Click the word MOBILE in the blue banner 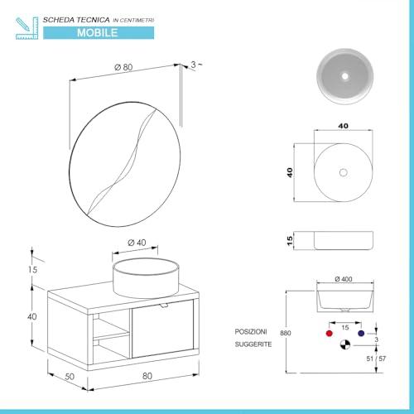(98, 33)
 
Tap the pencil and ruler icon (26, 28)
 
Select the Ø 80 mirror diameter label (123, 67)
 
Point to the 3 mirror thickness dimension (193, 65)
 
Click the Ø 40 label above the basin (137, 243)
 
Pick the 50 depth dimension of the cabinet (70, 377)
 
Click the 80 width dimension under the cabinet (147, 376)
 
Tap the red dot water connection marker (329, 334)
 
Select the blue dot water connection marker (361, 334)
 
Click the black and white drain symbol (345, 344)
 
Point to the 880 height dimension (286, 333)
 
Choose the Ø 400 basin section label (344, 279)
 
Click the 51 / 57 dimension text (376, 359)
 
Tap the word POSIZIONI (251, 332)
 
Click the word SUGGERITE (253, 344)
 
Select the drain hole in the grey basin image (345, 76)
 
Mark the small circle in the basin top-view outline (344, 172)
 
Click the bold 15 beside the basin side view (290, 241)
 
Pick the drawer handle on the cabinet (164, 305)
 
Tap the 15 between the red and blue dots (345, 328)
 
